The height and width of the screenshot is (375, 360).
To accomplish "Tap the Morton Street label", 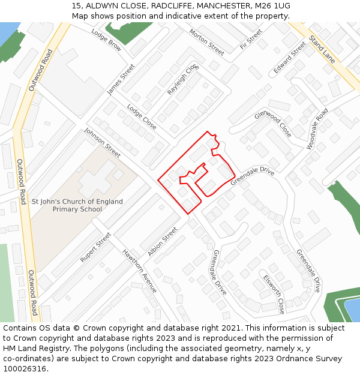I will pyautogui.click(x=206, y=41).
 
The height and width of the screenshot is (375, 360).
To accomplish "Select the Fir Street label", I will pyautogui.click(x=251, y=39).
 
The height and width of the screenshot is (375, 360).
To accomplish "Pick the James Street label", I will pyautogui.click(x=121, y=80).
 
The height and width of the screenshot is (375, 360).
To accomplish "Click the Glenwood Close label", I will pyautogui.click(x=273, y=124).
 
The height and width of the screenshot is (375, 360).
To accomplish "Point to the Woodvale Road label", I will pyautogui.click(x=317, y=129).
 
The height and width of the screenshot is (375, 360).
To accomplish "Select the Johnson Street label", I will pyautogui.click(x=102, y=143).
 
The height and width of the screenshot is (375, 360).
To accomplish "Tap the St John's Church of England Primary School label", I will pyautogui.click(x=77, y=205).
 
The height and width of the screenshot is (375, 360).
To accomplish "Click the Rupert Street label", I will pyautogui.click(x=95, y=247).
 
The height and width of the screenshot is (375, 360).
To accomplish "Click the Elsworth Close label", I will pyautogui.click(x=274, y=294).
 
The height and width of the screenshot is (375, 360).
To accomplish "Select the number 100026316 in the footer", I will pyautogui.click(x=25, y=368).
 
